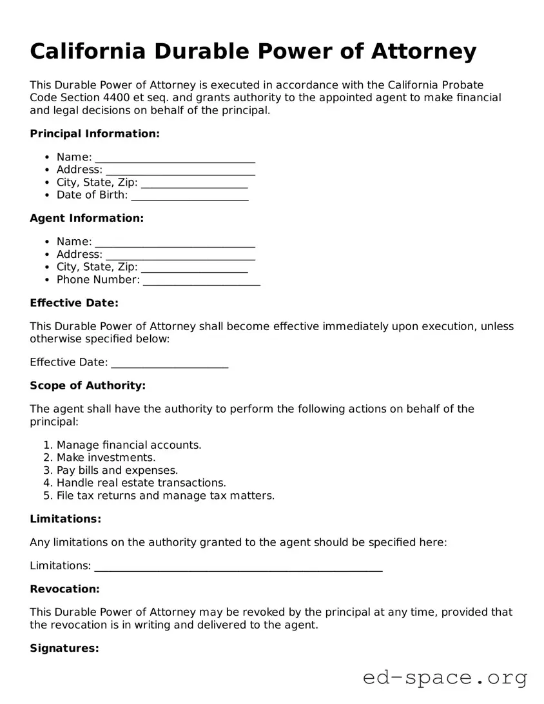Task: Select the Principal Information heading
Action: tap(94, 133)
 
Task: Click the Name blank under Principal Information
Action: tap(175, 157)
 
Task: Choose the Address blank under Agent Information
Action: tap(180, 255)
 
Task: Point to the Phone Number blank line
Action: tap(201, 280)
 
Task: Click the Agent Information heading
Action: tap(86, 218)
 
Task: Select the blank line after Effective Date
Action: tap(170, 362)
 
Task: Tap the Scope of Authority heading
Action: tap(88, 386)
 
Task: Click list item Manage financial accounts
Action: tap(129, 445)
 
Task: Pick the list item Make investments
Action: tap(106, 458)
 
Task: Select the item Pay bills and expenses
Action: tap(117, 471)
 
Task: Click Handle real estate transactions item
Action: tap(141, 483)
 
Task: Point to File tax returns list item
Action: tap(165, 496)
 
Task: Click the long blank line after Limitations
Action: tap(238, 566)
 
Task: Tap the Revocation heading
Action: tap(64, 589)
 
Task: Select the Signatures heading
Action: tap(64, 649)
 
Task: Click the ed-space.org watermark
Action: tap(445, 678)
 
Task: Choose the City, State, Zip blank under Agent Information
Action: tap(194, 268)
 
